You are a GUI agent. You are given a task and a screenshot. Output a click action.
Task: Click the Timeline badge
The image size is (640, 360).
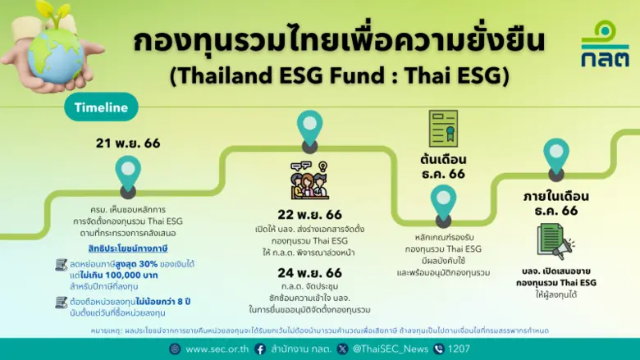101,107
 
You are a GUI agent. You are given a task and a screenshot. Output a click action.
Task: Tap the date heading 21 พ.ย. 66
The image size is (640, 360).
128,143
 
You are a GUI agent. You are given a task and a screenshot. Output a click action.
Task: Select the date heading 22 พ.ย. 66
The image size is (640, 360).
309,214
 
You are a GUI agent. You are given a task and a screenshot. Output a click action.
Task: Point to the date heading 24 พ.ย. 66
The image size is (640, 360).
309,272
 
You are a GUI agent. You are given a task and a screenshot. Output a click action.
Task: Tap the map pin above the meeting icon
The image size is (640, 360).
309,130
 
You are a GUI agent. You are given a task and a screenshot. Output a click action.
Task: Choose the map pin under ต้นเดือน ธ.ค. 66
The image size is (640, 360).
443,202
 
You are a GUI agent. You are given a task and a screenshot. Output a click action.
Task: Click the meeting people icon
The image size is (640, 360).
309,180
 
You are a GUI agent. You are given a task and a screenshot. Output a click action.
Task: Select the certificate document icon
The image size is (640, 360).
443,129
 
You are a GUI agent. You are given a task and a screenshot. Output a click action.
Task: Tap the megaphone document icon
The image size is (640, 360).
555,241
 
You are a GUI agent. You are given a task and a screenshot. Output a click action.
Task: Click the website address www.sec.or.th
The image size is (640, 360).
217,349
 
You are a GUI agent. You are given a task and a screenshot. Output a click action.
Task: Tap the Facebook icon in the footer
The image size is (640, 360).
260,349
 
